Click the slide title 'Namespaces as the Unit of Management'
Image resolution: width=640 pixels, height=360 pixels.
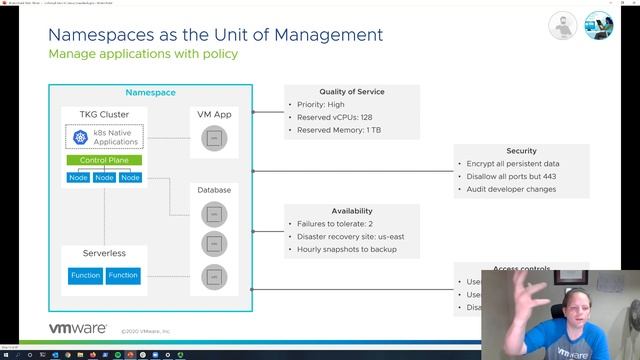pos(215,35)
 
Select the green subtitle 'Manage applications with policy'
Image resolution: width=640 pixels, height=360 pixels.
pos(143,54)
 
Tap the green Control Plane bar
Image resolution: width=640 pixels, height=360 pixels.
pos(104,160)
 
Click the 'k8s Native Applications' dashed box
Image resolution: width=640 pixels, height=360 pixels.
pos(104,137)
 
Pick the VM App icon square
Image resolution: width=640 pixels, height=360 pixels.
pos(211,138)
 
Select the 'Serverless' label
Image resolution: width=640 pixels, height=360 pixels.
pos(90,253)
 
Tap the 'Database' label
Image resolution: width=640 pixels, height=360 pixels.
pos(213,189)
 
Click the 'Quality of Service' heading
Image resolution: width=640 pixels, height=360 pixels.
pos(351,92)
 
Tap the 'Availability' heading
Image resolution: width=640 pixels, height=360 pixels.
pos(351,211)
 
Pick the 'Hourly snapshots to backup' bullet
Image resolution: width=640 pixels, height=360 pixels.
pos(346,249)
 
